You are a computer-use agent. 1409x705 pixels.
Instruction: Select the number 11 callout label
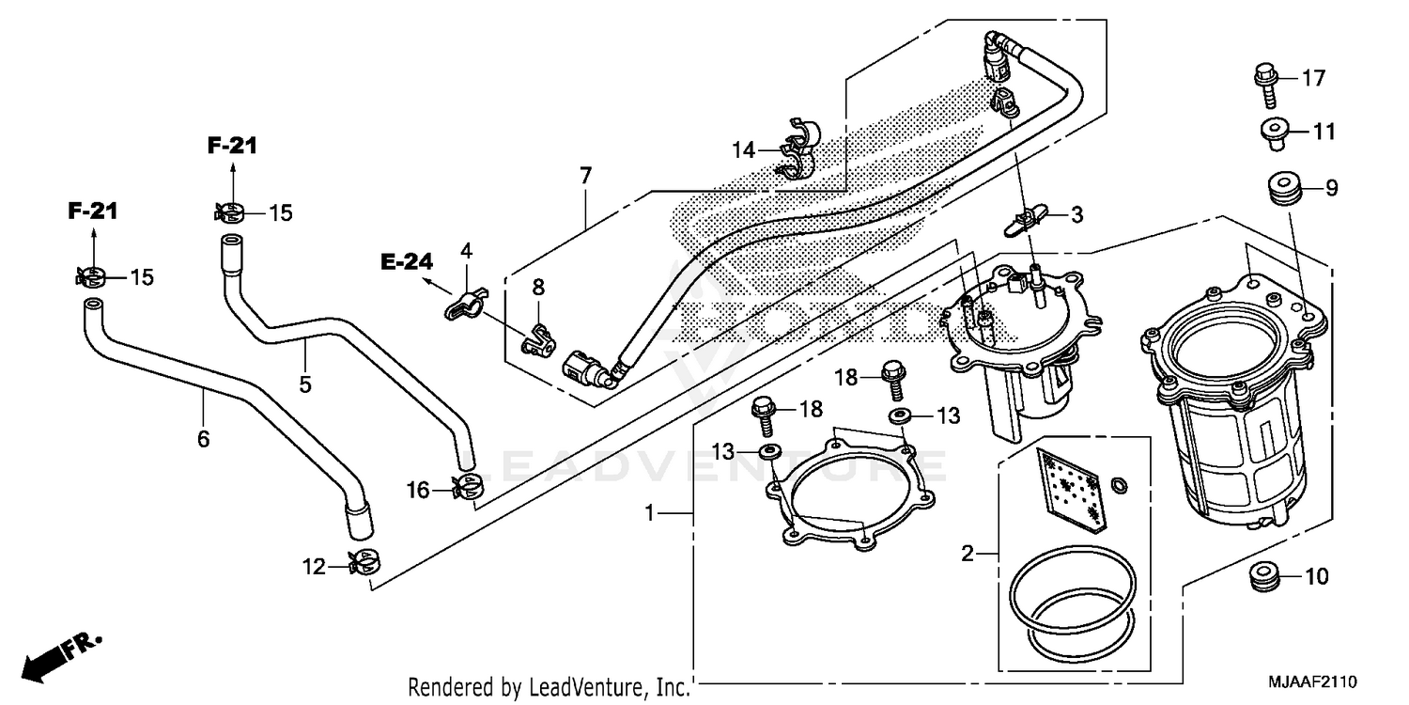[1324, 133]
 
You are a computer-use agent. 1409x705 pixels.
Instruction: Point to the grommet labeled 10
[1266, 576]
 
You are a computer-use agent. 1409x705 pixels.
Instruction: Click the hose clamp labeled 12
[364, 564]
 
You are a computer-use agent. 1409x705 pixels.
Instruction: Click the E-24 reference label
[406, 262]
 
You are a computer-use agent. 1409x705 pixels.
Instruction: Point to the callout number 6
[203, 439]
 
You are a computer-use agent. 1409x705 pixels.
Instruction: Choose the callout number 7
[585, 175]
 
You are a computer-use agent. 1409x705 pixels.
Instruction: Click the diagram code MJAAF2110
[1312, 680]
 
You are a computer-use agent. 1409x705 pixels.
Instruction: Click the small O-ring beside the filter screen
[1119, 484]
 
